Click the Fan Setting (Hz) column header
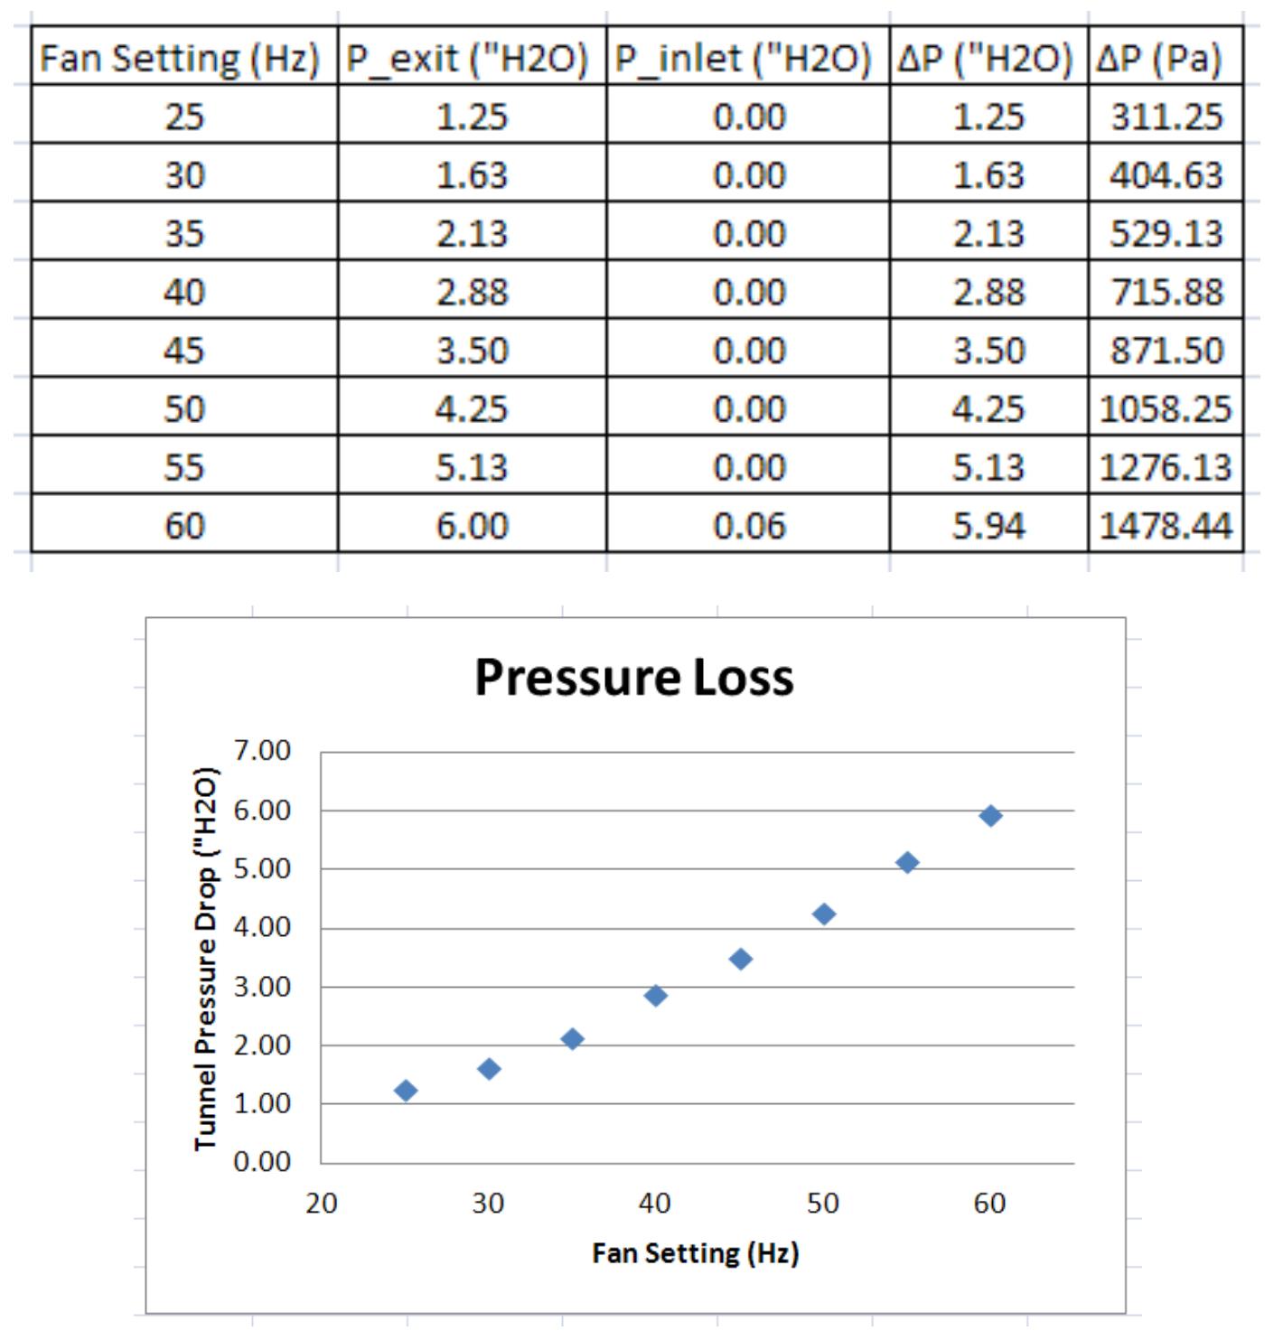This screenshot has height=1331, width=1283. [x=181, y=60]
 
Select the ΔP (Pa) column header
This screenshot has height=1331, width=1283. [x=1160, y=60]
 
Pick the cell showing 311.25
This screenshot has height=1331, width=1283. [x=1166, y=117]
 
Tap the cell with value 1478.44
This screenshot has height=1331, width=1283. [x=1166, y=525]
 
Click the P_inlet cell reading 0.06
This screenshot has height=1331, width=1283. [x=749, y=525]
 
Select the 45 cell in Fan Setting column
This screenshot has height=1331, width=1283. [x=184, y=351]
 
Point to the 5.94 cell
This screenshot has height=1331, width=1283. [x=988, y=525]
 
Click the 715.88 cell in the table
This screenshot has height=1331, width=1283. [x=1166, y=292]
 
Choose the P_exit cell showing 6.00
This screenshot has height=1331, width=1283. [x=472, y=525]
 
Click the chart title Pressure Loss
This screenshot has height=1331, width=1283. [x=633, y=678]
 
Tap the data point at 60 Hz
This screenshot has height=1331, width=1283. [x=990, y=816]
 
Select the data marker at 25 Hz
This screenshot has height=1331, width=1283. [x=406, y=1091]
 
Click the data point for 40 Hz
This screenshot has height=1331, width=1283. [x=656, y=996]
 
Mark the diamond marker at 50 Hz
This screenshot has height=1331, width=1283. [x=823, y=914]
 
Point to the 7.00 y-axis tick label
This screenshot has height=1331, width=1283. [x=262, y=751]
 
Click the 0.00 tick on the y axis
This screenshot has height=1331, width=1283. [x=262, y=1162]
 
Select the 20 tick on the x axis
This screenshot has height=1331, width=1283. [x=321, y=1204]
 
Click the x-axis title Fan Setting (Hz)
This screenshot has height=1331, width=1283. [x=696, y=1253]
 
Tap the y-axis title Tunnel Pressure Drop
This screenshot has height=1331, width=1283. [x=206, y=959]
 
